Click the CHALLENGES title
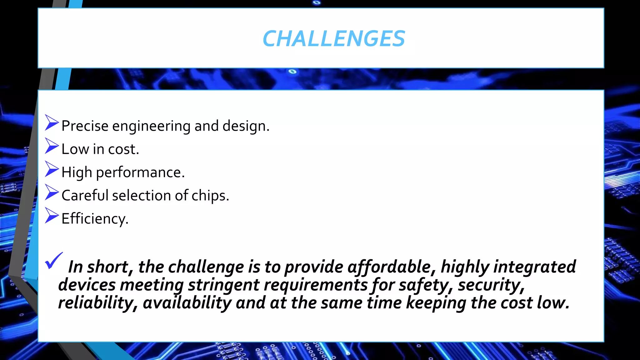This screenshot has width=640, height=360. (334, 39)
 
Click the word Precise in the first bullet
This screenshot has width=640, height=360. (85, 126)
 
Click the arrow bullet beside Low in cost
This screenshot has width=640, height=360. (52, 146)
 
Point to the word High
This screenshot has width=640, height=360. (77, 172)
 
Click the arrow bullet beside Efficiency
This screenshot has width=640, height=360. (52, 215)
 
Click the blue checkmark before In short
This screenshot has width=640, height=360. (54, 261)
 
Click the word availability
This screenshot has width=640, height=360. (187, 303)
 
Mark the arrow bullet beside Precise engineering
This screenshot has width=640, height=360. (52, 122)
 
